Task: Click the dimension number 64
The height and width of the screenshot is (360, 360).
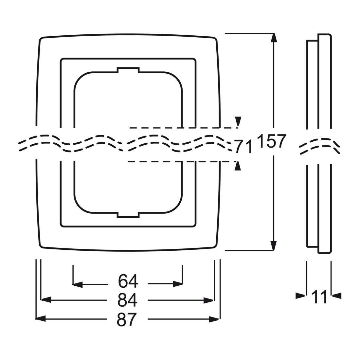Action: pyautogui.click(x=128, y=281)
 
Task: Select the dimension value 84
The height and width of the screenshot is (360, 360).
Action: pyautogui.click(x=127, y=300)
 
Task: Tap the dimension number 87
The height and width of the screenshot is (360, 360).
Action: pyautogui.click(x=127, y=319)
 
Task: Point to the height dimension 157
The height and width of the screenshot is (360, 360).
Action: pyautogui.click(x=272, y=141)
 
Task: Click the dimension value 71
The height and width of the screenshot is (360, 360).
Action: pyautogui.click(x=243, y=147)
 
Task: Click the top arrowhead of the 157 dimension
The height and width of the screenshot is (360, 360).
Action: pyautogui.click(x=273, y=38)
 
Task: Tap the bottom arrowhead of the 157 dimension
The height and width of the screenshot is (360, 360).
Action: pyautogui.click(x=273, y=246)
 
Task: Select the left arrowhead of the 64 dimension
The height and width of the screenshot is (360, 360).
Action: pyautogui.click(x=78, y=284)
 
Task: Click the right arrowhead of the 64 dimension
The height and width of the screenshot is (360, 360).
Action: pyautogui.click(x=178, y=284)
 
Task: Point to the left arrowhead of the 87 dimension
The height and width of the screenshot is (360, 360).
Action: pyautogui.click(x=41, y=319)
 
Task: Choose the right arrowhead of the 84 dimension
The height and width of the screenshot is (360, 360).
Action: pyautogui.click(x=209, y=300)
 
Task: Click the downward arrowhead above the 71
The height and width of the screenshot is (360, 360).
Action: pyautogui.click(x=238, y=121)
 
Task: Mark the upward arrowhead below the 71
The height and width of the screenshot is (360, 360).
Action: pyautogui.click(x=238, y=166)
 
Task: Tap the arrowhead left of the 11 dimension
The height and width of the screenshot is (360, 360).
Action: pyautogui.click(x=300, y=296)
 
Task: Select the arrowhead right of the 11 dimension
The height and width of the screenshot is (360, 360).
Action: pyautogui.click(x=336, y=296)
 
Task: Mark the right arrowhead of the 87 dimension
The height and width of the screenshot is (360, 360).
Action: pyautogui.click(x=214, y=319)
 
